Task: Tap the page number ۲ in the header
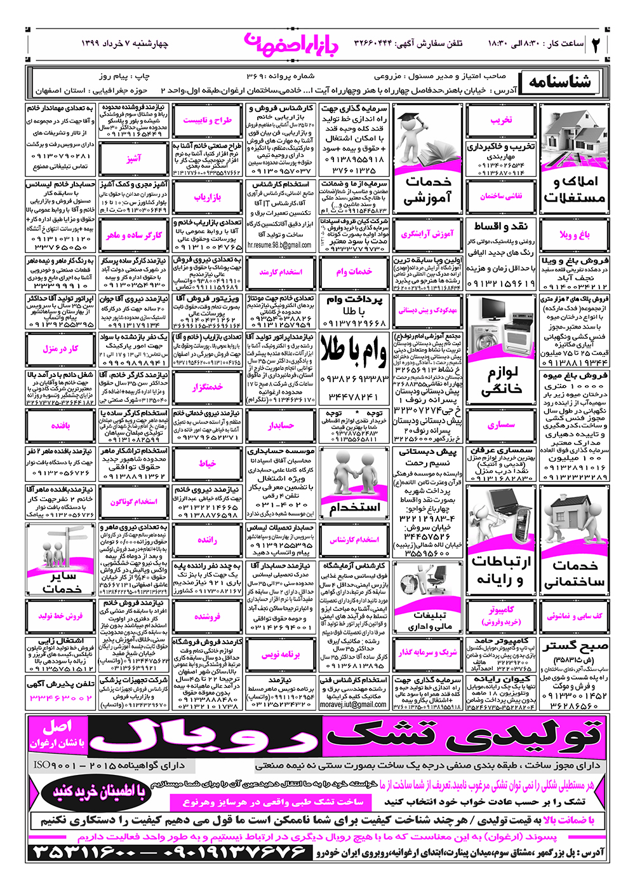(x=598, y=44)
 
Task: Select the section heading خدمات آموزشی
(x=428, y=190)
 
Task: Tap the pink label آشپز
(x=133, y=159)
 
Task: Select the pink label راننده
(x=207, y=540)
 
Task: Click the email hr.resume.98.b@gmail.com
(x=279, y=245)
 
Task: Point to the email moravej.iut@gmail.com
(x=353, y=704)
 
